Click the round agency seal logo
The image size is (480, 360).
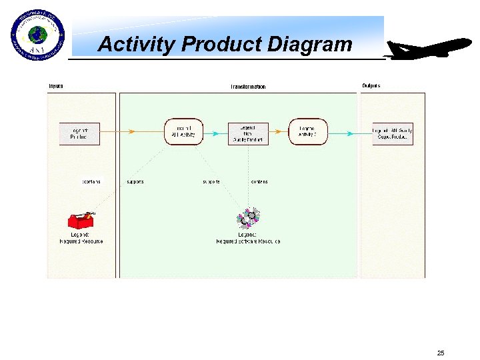point(38,36)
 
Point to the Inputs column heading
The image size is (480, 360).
point(56,86)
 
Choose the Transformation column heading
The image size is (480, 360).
point(248,87)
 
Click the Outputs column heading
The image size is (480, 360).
point(372,86)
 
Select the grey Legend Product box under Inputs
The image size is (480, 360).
point(79,133)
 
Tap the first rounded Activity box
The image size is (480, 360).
point(183,132)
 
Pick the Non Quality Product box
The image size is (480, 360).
point(248,133)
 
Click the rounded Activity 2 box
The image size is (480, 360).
point(308,132)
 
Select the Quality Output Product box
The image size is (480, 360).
point(393,133)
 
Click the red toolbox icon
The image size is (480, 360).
point(81,221)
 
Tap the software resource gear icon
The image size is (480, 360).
point(249,218)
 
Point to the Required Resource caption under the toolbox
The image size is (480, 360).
point(81,238)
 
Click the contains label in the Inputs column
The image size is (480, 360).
point(91,181)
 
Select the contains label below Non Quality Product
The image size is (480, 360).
point(259,181)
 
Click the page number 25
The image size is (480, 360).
point(440,353)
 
